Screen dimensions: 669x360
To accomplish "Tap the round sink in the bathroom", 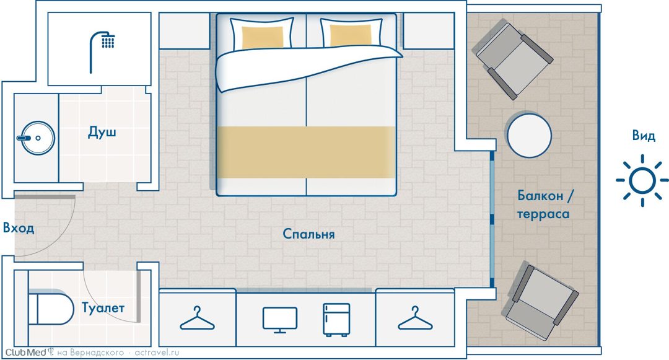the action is pos(38,138).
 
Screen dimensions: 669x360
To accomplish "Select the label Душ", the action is pos(102,132).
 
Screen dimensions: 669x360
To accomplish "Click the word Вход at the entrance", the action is pos(19,228).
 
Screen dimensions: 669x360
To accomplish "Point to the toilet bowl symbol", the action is pos(50,308).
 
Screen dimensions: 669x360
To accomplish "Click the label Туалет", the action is pos(103,307).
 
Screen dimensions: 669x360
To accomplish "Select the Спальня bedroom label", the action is pos(308,234).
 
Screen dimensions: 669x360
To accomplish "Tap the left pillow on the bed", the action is pos(262,33).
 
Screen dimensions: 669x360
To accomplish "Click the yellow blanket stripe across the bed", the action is pos(307,152).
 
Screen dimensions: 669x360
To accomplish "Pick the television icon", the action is pos(280,320).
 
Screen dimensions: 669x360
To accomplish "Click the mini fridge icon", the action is pos(336,320).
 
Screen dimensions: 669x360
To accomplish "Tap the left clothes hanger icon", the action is pos(197,320).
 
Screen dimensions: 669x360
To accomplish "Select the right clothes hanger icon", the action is pos(414,320).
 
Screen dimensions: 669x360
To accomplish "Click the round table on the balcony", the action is pos(528,135).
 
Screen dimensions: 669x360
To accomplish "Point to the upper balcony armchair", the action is pos(512,59).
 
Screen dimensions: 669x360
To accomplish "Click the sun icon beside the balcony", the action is pos(642,180).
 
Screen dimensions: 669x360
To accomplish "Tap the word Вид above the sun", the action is pos(644,136).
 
